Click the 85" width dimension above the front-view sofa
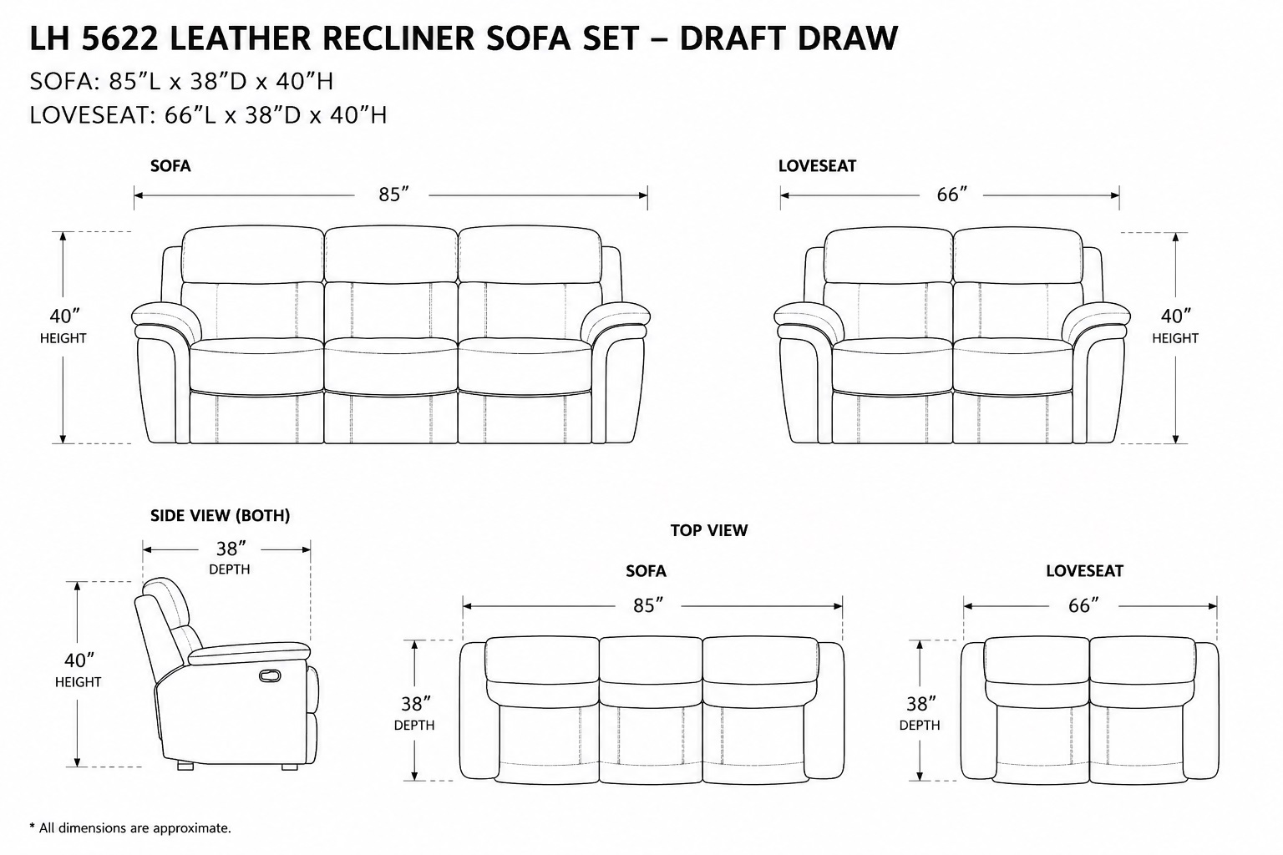(393, 195)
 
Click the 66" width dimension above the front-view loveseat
(951, 195)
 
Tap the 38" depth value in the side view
(231, 549)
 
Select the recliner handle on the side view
(270, 675)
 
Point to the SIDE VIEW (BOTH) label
(220, 516)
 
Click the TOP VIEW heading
(709, 530)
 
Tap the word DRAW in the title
(847, 38)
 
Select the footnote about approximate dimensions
(130, 828)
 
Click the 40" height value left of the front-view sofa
(64, 316)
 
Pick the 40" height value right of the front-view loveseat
(1175, 316)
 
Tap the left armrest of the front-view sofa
(166, 321)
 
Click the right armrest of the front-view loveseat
(1096, 321)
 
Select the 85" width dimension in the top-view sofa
(648, 606)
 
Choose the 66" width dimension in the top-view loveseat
(1083, 606)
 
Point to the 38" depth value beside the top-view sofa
(415, 704)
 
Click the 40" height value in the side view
(79, 660)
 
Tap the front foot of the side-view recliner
(290, 767)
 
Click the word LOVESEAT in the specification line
(89, 115)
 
